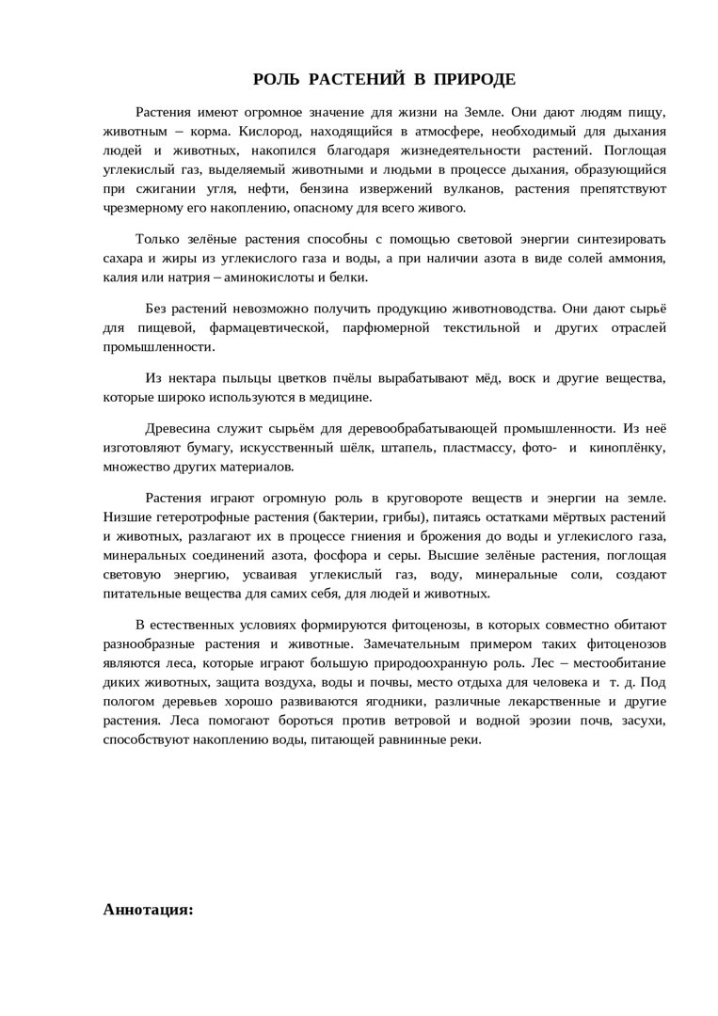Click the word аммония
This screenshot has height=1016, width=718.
point(637,258)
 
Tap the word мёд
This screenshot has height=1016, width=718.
point(489,377)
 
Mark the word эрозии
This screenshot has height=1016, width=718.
point(530,721)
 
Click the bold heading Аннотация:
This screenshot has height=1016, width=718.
point(148,910)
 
